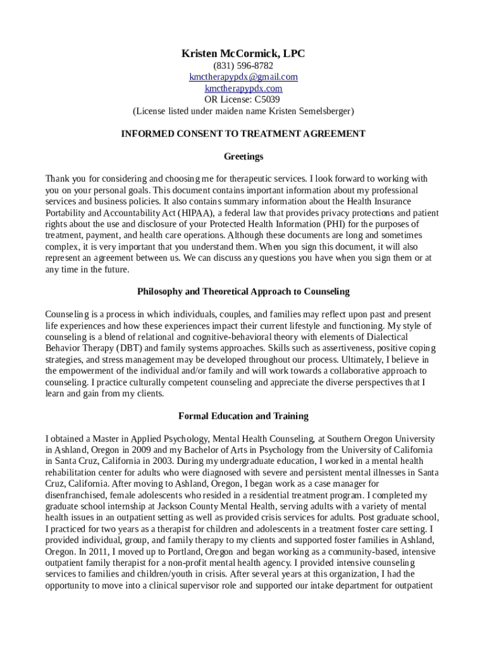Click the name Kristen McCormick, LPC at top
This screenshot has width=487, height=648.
tap(244, 54)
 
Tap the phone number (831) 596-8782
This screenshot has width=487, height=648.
tap(244, 66)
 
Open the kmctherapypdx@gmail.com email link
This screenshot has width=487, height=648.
tap(244, 77)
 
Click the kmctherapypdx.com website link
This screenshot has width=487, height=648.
tap(244, 89)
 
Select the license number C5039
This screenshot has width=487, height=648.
tap(268, 100)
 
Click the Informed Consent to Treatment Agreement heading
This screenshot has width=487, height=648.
tap(244, 134)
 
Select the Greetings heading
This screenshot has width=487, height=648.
tap(244, 156)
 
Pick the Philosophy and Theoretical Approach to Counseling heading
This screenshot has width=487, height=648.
tap(244, 292)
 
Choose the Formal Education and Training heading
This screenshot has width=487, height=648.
tap(244, 416)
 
